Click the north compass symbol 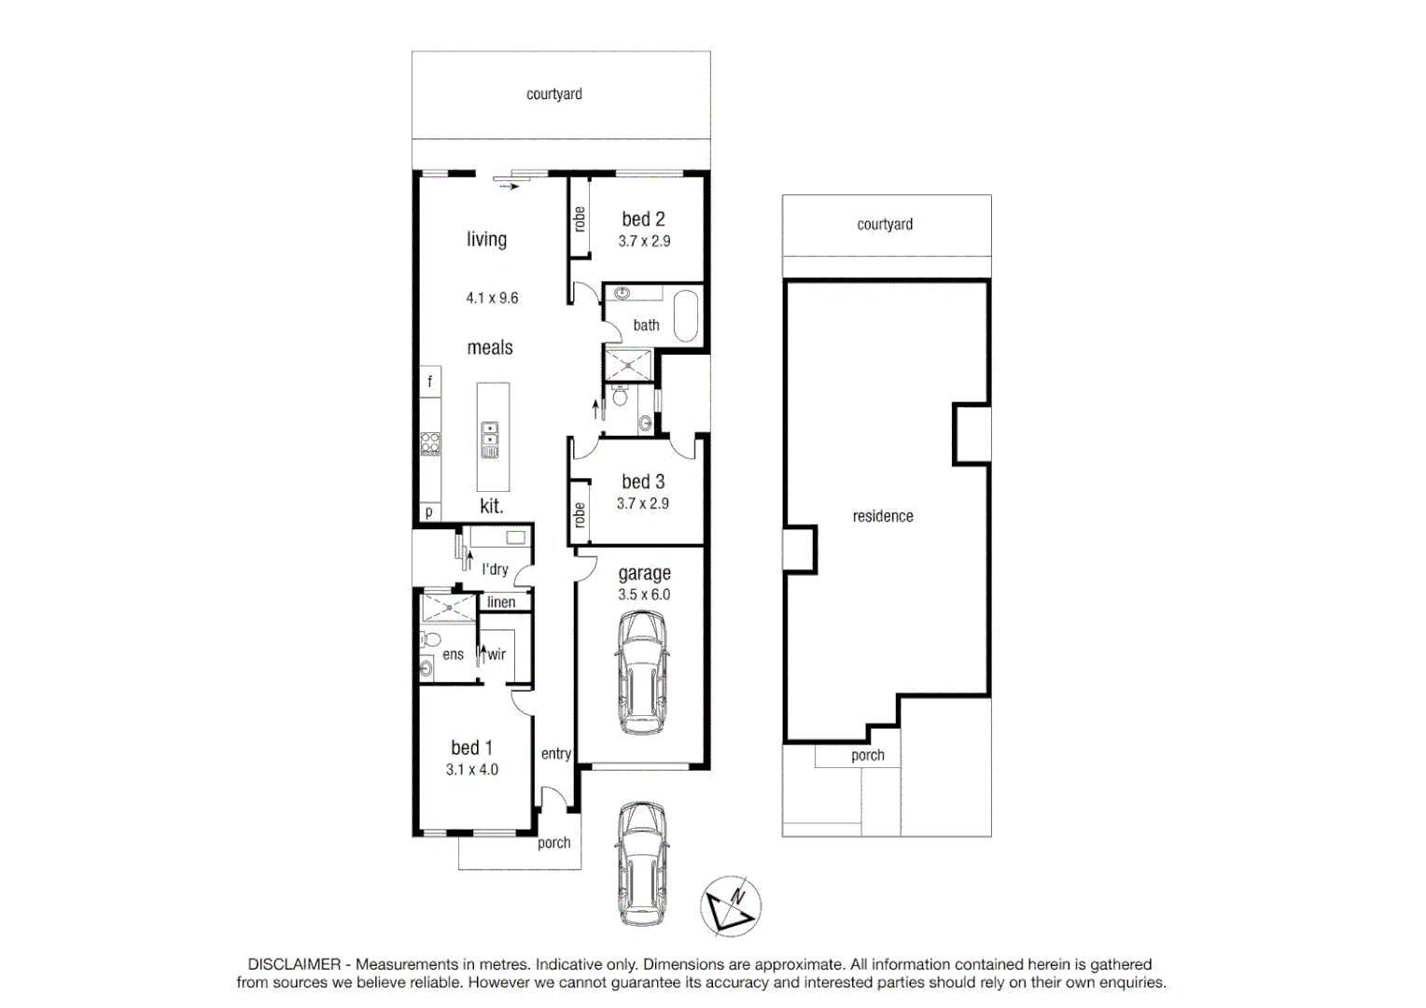(731, 906)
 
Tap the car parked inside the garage (641, 672)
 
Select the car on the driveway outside (641, 863)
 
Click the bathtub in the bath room (686, 316)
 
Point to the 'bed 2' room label (643, 219)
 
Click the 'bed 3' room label (643, 482)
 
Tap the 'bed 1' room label (471, 748)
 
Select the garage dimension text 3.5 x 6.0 (644, 595)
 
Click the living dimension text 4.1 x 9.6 (492, 298)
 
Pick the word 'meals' (490, 348)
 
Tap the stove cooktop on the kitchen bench (430, 443)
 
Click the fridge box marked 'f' (430, 381)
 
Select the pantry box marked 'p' (429, 511)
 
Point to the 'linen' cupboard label (501, 602)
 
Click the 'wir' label (496, 654)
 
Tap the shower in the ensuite (448, 608)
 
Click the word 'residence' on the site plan (883, 516)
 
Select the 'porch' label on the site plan (867, 755)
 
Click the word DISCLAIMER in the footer (294, 964)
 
